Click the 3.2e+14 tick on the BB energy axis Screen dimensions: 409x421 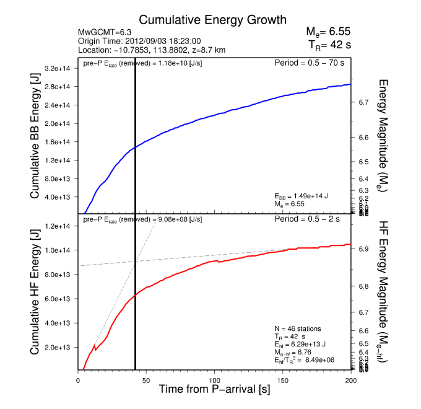coord(63,68)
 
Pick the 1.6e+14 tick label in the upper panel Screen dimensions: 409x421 coord(63,142)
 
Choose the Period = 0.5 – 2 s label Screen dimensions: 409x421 coord(314,219)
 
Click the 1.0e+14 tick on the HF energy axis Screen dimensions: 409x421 coord(63,250)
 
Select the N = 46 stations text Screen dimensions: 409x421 coord(297,328)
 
